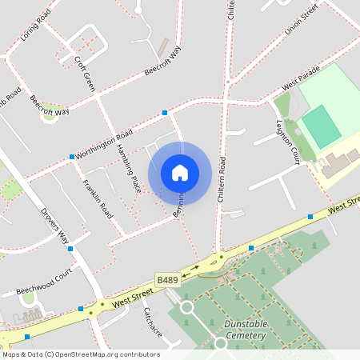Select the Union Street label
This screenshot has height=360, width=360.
(x=300, y=21)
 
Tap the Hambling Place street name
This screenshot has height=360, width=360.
(x=128, y=168)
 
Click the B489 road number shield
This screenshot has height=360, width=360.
(x=167, y=280)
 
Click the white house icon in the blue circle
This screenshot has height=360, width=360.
(x=180, y=172)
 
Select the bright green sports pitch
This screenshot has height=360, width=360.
(x=322, y=126)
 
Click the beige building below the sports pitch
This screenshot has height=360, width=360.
(x=336, y=163)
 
